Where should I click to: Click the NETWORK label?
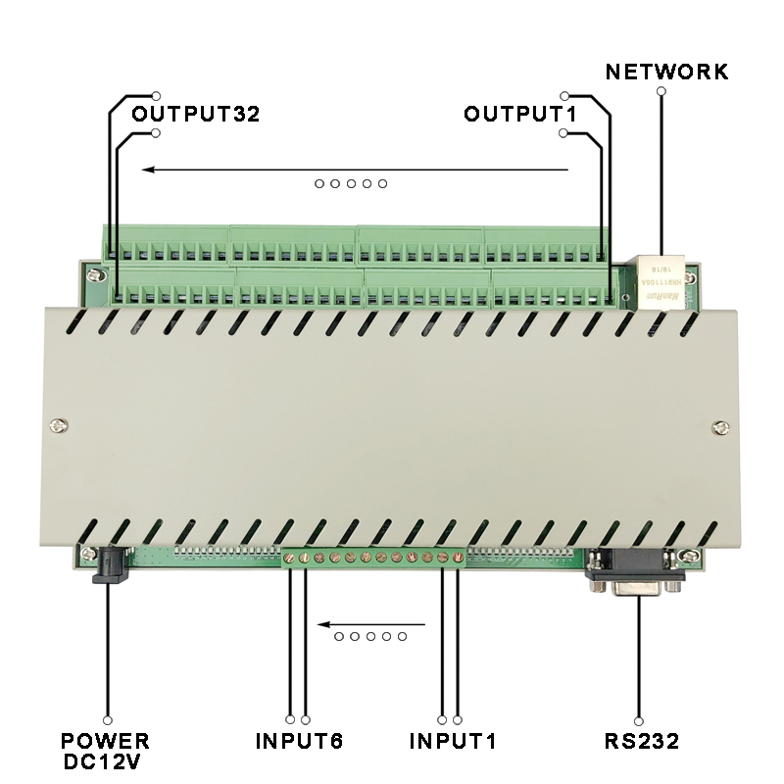(666, 72)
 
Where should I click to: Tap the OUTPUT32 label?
(196, 114)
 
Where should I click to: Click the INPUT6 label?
(300, 740)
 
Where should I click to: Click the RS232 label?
(642, 740)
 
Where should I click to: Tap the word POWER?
(106, 740)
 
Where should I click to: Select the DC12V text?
(106, 760)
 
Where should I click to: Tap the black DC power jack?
(109, 565)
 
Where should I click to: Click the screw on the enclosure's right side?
(721, 426)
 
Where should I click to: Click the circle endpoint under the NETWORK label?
(661, 91)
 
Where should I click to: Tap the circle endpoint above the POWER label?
(107, 718)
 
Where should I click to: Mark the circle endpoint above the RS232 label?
(639, 718)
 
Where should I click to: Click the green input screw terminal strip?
(373, 558)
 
